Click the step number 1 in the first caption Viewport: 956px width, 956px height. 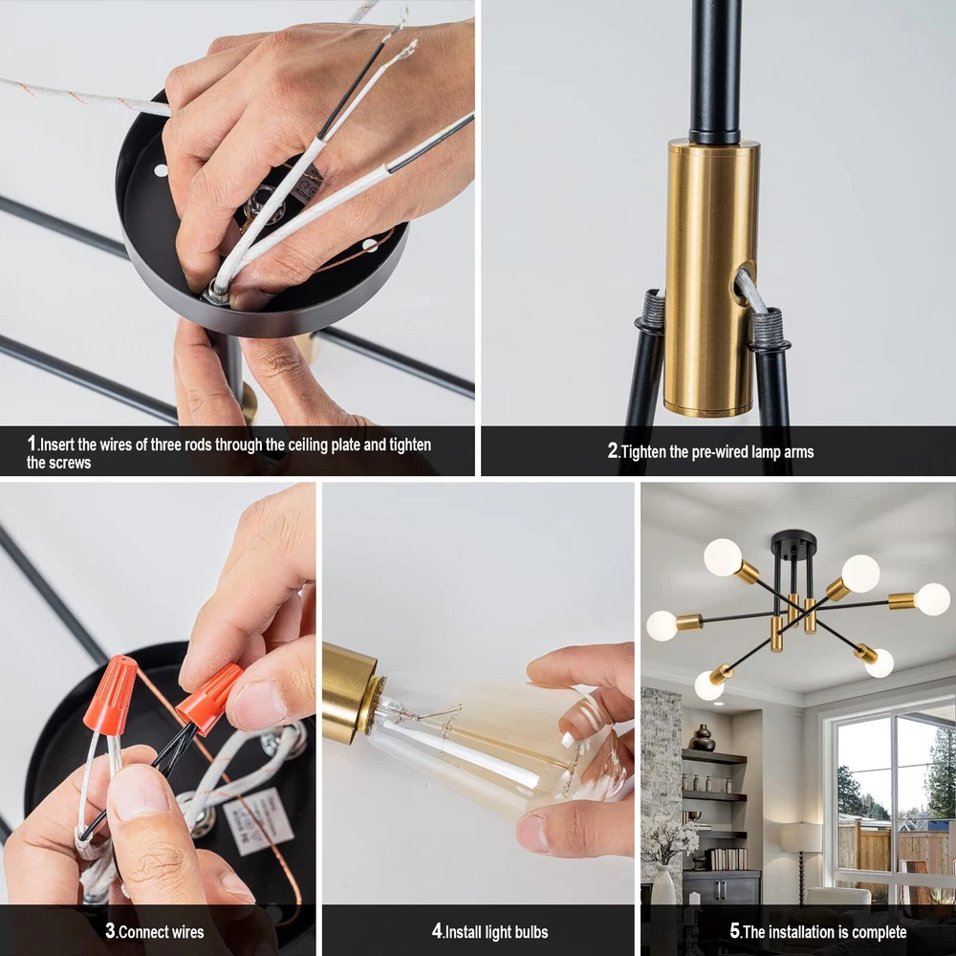(x=32, y=444)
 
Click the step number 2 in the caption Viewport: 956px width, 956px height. (x=613, y=450)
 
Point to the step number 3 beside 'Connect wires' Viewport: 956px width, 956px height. (x=110, y=930)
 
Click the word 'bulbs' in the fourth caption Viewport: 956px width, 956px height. (x=532, y=932)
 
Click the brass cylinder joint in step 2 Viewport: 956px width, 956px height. (x=712, y=277)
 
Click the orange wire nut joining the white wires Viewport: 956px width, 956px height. (x=110, y=694)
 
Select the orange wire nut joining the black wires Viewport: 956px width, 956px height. (x=209, y=698)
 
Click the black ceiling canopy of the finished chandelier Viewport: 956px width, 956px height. (x=793, y=539)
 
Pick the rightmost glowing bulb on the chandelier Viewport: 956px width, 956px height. (x=931, y=598)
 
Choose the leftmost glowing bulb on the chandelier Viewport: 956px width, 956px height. (x=663, y=625)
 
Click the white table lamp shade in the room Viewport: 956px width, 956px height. (x=800, y=837)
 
